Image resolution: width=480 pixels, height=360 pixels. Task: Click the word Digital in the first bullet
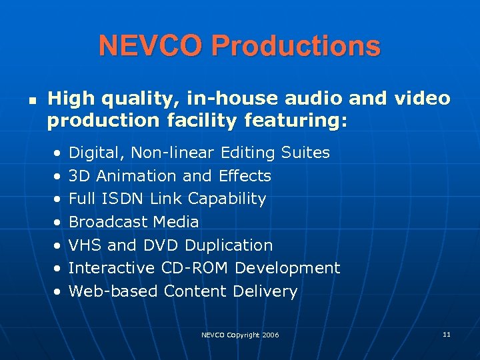pos(97,153)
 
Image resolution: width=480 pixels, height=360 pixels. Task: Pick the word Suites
pos(305,153)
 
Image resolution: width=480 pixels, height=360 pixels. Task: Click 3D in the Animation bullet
pos(79,176)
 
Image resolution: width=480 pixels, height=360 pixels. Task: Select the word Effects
pos(245,176)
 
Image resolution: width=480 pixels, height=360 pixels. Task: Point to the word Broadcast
pos(107,222)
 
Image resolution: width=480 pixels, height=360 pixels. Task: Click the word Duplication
pos(229,245)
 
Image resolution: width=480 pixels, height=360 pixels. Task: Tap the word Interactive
pos(112,268)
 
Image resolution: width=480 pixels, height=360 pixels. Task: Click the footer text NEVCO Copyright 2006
pos(240,335)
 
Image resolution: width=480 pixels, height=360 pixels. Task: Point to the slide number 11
pos(446,333)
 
